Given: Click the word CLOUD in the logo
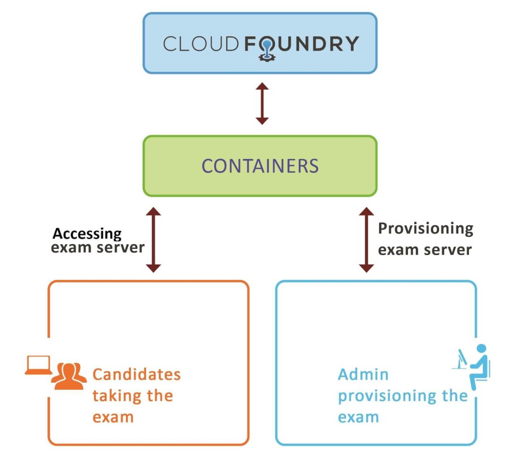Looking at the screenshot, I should (x=201, y=44).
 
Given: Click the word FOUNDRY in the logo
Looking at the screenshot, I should (x=302, y=44).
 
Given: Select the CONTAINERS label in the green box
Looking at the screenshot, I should (x=260, y=166).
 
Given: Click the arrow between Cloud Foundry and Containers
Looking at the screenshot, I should (x=262, y=103).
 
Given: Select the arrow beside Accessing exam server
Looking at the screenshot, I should (x=153, y=240).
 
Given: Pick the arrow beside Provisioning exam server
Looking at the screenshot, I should (x=366, y=240).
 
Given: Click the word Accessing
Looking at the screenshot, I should (x=87, y=234).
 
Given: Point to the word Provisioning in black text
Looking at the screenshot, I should (x=425, y=228).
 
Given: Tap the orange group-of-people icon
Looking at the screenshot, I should (x=69, y=376).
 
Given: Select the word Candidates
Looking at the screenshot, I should (x=136, y=374).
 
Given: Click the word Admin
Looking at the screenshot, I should (x=363, y=374).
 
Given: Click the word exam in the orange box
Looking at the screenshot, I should (x=113, y=417).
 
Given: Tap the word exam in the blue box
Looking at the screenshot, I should (x=358, y=417).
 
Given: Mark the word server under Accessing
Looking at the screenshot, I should (x=121, y=247).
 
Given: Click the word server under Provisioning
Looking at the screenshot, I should (x=447, y=250).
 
